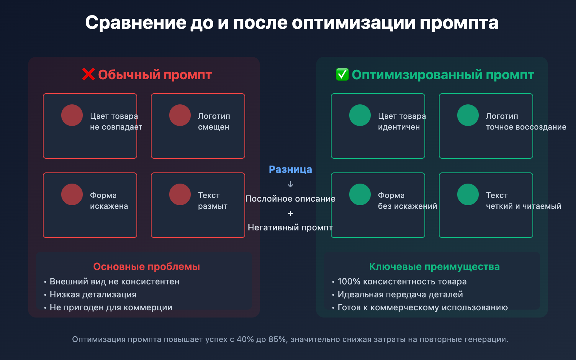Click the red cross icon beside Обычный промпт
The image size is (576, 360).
(88, 75)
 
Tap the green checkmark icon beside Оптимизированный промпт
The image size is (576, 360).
(342, 75)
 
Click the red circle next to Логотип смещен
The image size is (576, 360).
(180, 115)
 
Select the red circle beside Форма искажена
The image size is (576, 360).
(72, 194)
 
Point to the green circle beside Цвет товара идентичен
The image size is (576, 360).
(360, 115)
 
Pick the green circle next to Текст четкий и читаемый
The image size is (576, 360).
(468, 194)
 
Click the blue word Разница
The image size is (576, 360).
(290, 169)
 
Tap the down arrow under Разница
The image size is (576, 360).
(291, 184)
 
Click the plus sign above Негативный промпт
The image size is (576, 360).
(291, 213)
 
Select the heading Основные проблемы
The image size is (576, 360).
(147, 266)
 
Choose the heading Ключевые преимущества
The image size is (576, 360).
(435, 266)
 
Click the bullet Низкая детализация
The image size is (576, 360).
(93, 294)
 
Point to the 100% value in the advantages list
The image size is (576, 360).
(349, 282)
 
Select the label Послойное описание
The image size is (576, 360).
(290, 199)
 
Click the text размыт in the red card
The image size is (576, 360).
(213, 206)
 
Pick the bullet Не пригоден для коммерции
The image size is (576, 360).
(111, 307)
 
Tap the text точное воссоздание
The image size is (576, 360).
(526, 127)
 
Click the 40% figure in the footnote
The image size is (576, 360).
(245, 339)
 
